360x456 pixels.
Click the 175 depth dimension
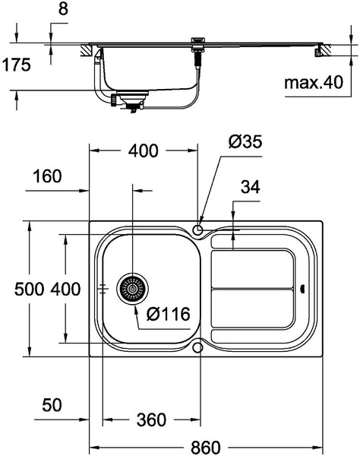coord(15,65)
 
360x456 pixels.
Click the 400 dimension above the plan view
coord(143,151)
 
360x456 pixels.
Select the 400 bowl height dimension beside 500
coord(65,289)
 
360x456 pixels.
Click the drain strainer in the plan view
coord(132,289)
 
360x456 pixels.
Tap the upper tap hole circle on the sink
coord(199,230)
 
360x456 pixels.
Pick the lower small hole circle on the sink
coord(199,347)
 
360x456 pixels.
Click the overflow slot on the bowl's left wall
coord(103,289)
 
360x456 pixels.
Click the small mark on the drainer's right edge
coord(305,288)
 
